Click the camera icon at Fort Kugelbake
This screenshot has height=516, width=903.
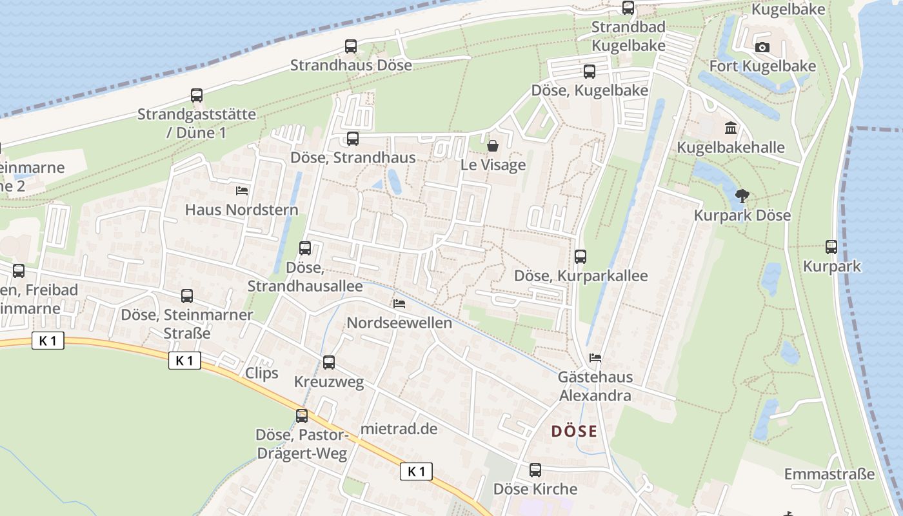(762, 47)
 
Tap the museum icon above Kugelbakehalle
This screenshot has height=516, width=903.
(731, 128)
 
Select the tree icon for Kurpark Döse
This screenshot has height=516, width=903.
(742, 195)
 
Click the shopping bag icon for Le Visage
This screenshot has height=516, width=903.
(493, 146)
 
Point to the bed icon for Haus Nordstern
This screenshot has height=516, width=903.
(242, 190)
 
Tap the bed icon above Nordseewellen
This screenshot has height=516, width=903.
(399, 303)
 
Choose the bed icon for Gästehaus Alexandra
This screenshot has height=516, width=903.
(595, 357)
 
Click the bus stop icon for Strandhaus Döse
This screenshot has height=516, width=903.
(351, 46)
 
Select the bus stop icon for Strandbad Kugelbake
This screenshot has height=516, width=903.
(628, 8)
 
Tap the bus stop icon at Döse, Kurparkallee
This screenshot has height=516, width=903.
(580, 257)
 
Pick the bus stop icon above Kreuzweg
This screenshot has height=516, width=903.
(329, 362)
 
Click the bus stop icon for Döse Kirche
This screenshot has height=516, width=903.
(535, 470)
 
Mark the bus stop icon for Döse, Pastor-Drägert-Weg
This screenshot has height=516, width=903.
(302, 416)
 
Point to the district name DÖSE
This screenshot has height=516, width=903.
(574, 432)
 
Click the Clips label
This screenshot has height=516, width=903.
(262, 373)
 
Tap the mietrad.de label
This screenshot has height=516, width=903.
(399, 429)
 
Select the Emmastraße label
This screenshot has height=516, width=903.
(829, 474)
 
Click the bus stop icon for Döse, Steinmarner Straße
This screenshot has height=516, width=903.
(187, 296)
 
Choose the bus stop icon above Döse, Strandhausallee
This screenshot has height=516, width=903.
(305, 248)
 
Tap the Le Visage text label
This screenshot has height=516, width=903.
(493, 165)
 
